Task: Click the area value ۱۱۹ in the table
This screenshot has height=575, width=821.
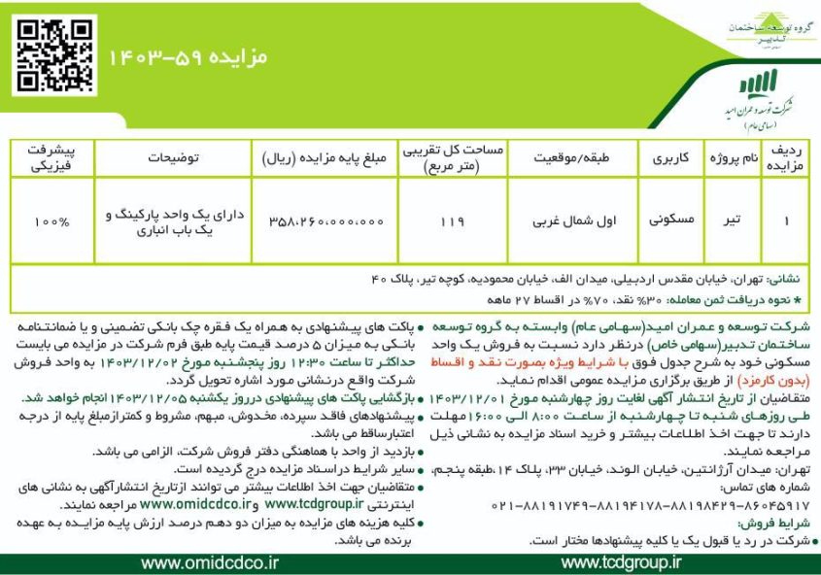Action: [452, 220]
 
